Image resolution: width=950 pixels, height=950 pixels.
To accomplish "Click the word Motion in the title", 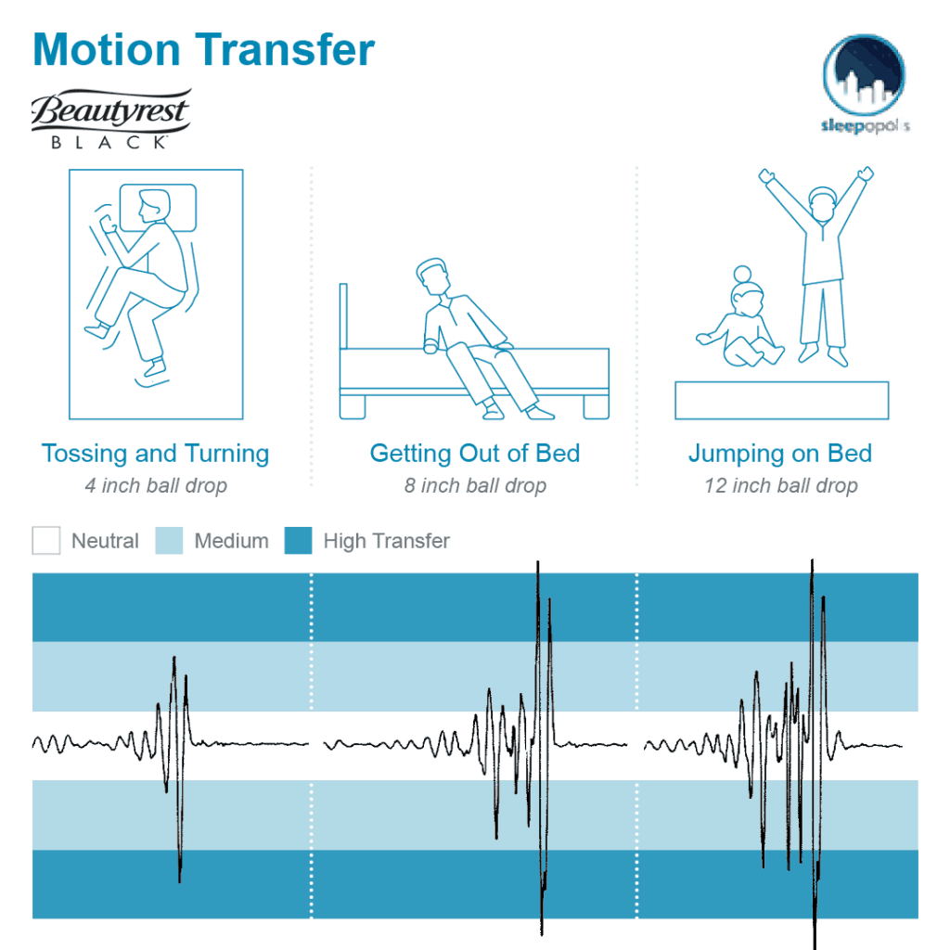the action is (107, 49).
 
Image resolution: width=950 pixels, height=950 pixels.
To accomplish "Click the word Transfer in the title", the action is (285, 49).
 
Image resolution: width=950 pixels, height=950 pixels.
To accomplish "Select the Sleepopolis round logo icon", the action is (864, 74).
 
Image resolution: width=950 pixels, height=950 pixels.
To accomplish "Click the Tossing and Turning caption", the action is (155, 454).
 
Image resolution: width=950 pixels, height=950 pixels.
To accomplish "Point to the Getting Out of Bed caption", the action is (475, 453).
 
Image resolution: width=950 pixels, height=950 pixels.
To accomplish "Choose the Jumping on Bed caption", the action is (780, 454).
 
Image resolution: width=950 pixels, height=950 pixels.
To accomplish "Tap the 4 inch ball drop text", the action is (156, 485).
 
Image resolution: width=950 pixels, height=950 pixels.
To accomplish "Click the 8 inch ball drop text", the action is (475, 485).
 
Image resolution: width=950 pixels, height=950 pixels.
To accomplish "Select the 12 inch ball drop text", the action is (781, 485).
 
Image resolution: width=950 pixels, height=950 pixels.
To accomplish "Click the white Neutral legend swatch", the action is (46, 541).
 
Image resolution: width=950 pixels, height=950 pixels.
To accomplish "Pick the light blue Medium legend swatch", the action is (169, 541).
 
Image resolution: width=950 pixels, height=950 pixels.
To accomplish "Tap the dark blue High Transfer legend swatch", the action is (298, 541).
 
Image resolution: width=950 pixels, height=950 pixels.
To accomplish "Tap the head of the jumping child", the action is (822, 203).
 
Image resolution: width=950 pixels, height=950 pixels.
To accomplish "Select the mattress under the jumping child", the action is (781, 401).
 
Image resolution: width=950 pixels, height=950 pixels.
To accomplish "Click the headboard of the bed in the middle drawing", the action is (343, 315).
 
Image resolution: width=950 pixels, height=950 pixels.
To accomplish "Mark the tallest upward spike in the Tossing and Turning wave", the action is (174, 658).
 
